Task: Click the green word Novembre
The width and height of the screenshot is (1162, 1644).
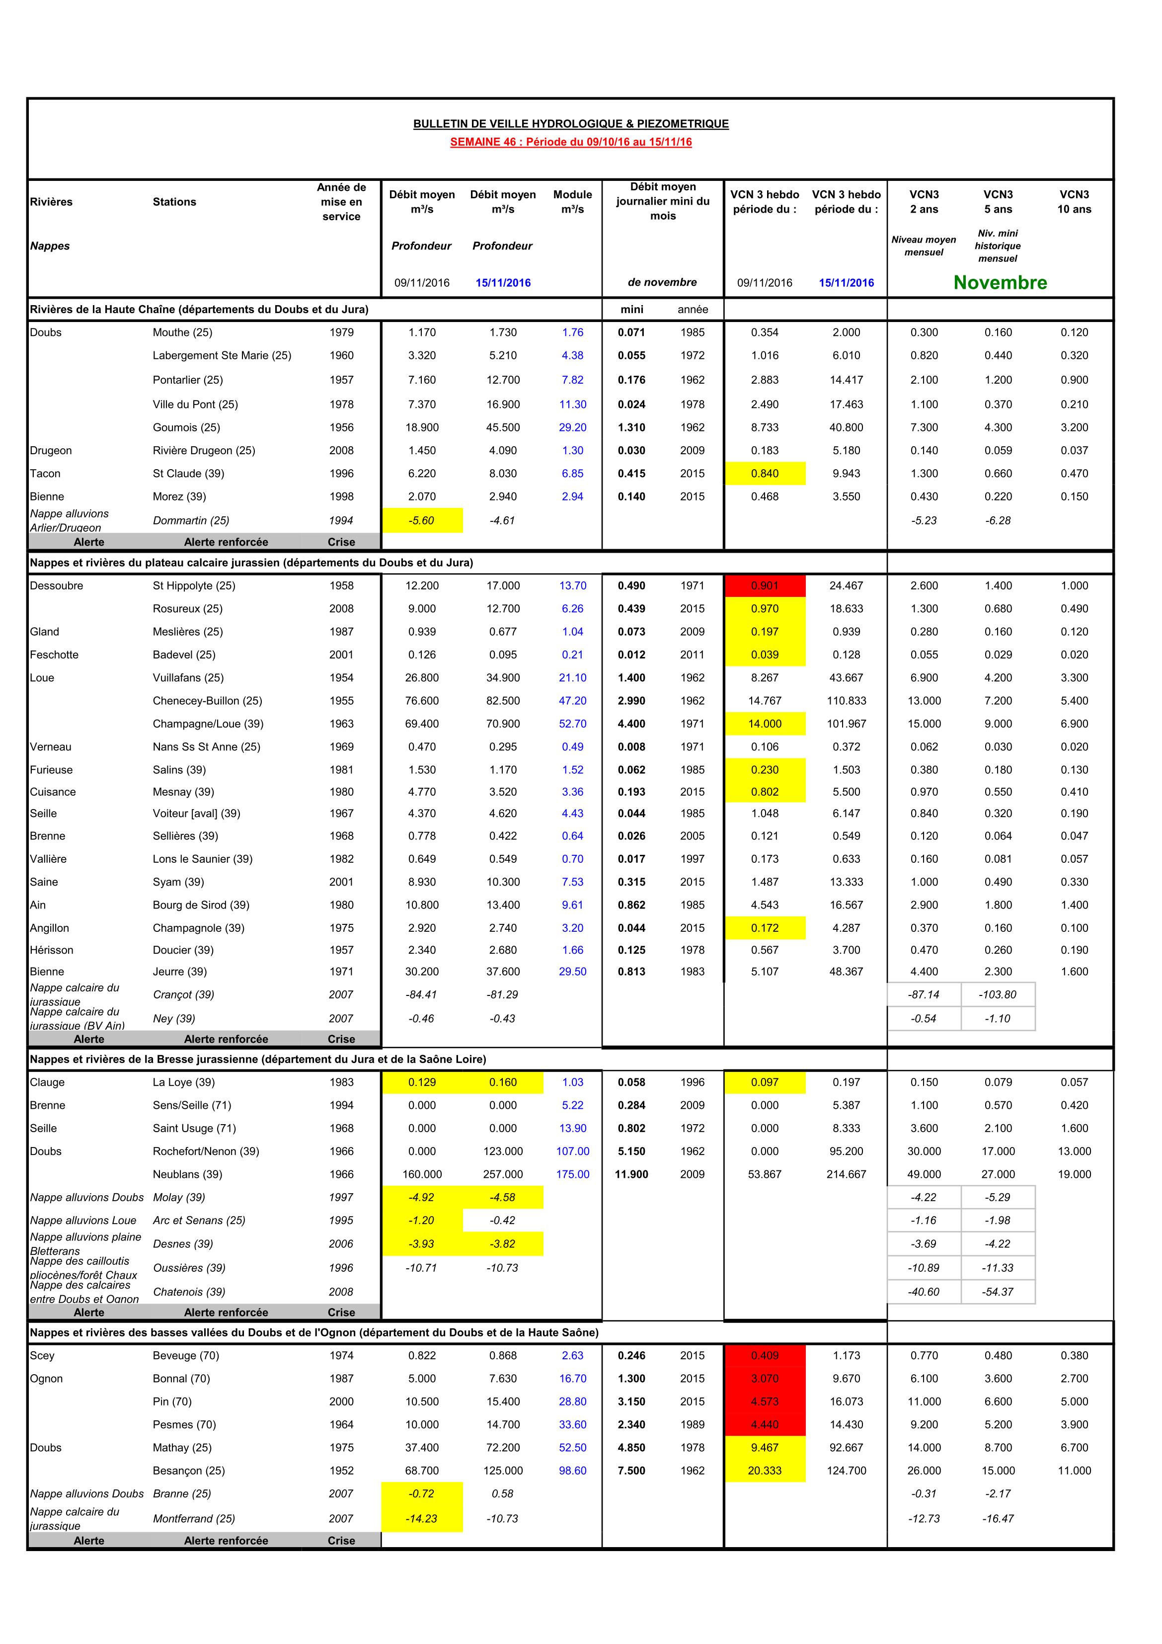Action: click(1000, 283)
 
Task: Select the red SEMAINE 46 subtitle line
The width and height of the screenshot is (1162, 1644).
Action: click(571, 142)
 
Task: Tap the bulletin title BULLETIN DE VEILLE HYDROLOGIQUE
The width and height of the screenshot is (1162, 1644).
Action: click(571, 124)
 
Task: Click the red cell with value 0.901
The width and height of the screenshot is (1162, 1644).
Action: click(765, 586)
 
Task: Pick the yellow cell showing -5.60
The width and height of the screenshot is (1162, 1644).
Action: click(422, 520)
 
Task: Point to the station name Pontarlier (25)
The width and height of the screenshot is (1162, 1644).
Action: click(188, 380)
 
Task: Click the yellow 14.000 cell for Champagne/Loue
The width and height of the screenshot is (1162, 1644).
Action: click(765, 724)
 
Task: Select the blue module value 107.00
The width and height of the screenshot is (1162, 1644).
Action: click(573, 1151)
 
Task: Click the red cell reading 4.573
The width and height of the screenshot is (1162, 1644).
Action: click(765, 1401)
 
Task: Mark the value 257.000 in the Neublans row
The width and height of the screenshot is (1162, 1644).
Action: click(503, 1174)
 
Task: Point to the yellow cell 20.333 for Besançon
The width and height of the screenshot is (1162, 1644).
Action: click(765, 1470)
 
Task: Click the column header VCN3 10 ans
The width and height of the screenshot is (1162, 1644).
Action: click(1074, 202)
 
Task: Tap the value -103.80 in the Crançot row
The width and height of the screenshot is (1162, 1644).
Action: click(998, 994)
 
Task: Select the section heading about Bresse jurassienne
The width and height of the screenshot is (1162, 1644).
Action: click(258, 1059)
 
